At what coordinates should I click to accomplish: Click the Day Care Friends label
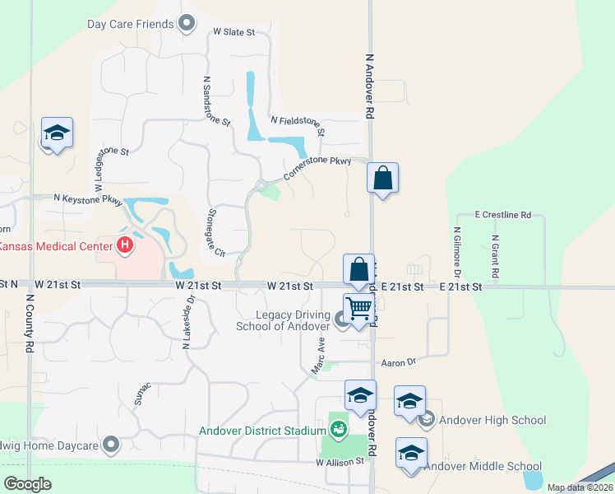[131, 24]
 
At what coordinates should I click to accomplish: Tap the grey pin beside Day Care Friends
[187, 24]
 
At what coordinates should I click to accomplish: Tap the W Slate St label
[234, 32]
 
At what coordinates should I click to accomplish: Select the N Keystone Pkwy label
[87, 199]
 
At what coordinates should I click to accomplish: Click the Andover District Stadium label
[262, 430]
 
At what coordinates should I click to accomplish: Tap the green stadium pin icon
[338, 428]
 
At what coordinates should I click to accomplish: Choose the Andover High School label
[492, 420]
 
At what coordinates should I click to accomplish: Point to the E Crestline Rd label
[503, 215]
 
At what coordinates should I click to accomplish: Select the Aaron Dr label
[400, 362]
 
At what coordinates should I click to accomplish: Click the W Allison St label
[340, 463]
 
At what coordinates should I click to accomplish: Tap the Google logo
[27, 484]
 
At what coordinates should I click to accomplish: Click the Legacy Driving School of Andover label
[281, 319]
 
